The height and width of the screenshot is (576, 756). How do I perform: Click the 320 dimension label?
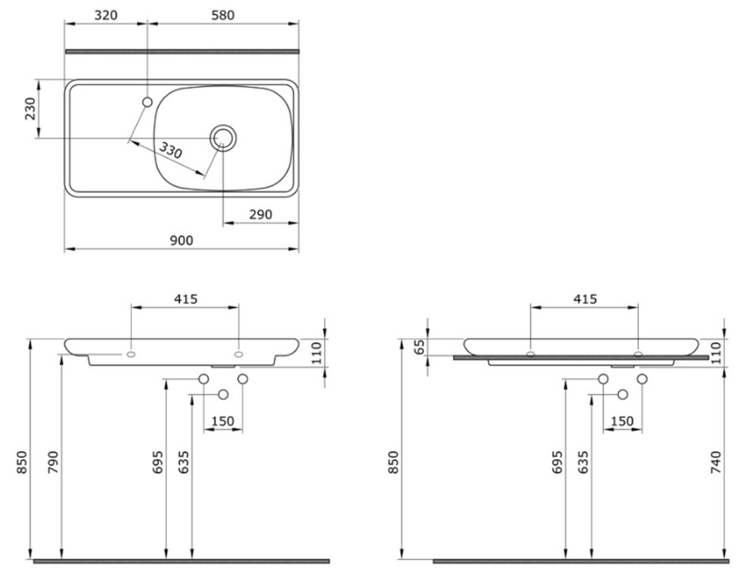click(106, 15)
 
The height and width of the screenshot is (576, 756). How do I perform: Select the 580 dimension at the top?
click(223, 15)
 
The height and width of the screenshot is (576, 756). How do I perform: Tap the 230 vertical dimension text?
click(30, 109)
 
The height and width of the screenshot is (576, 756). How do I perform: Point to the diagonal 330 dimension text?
click(171, 150)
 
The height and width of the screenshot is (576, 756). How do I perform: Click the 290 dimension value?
click(260, 215)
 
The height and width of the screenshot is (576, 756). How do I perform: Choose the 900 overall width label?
click(181, 240)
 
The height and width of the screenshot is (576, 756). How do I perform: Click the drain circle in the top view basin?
click(223, 138)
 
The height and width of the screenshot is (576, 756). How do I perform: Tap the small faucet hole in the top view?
click(147, 102)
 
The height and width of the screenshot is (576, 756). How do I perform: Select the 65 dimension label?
click(420, 346)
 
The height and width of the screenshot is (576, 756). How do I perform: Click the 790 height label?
click(53, 463)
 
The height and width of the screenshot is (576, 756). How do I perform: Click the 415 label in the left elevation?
click(186, 299)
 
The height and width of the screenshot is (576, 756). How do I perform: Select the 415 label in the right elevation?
click(585, 299)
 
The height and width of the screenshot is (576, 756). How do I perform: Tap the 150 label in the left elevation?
click(222, 422)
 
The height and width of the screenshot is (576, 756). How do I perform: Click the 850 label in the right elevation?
click(394, 463)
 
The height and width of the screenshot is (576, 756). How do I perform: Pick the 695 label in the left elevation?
click(158, 463)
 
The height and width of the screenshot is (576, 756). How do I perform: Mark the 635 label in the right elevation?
click(583, 463)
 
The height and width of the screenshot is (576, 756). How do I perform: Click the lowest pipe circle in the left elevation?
click(223, 395)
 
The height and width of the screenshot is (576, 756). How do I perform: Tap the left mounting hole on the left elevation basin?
click(131, 355)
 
